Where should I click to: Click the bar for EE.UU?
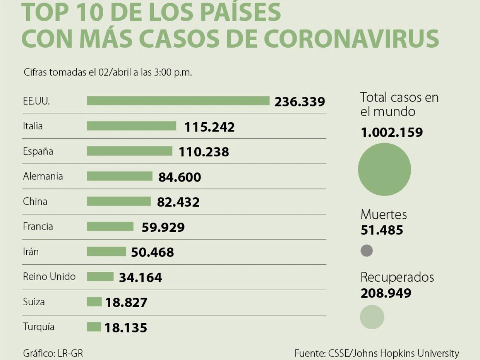click(x=178, y=101)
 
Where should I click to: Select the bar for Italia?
click(x=131, y=126)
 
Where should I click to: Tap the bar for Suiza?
click(x=94, y=302)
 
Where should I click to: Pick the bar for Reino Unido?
click(x=100, y=277)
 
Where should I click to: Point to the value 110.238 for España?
click(x=204, y=152)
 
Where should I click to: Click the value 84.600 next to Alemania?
click(x=180, y=177)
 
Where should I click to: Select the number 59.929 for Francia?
click(x=163, y=227)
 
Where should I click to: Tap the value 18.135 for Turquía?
click(x=126, y=328)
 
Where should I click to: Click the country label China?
click(x=35, y=201)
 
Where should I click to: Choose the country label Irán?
click(x=31, y=252)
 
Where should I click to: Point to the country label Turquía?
click(x=39, y=327)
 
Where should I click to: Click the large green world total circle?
click(x=384, y=169)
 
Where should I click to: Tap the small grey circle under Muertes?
click(x=367, y=250)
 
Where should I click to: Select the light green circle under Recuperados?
click(x=372, y=317)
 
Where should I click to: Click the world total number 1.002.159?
click(x=391, y=132)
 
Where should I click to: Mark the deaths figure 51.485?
click(x=382, y=230)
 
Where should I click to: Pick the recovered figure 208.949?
click(x=386, y=293)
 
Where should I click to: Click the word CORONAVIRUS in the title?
click(x=351, y=39)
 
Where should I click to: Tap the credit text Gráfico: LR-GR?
click(x=53, y=353)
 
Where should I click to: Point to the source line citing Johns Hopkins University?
click(x=376, y=353)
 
